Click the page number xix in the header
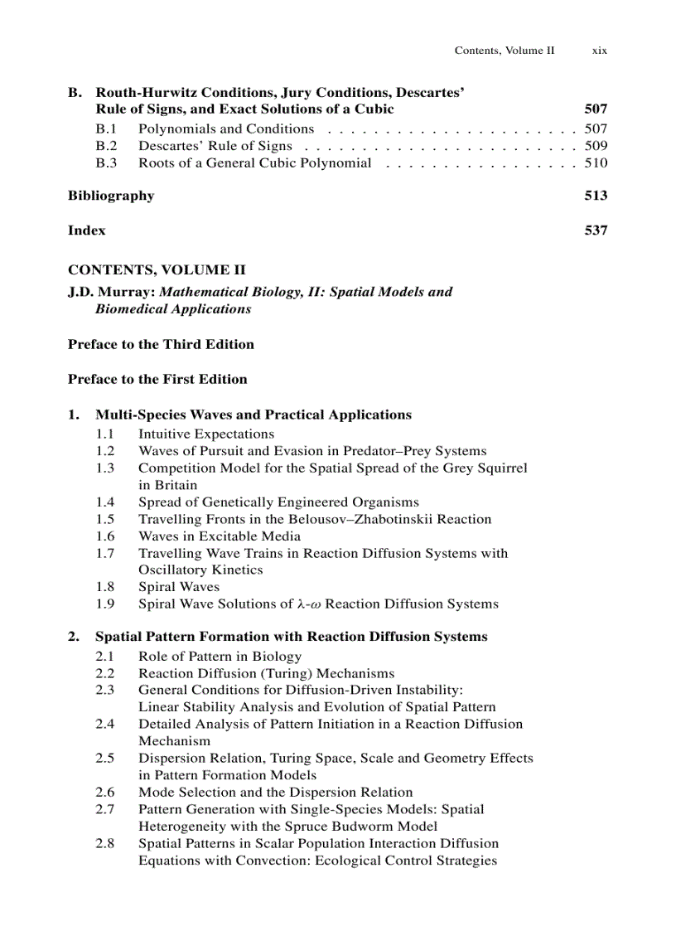(x=599, y=51)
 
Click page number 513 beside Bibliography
(x=596, y=196)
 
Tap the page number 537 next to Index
(x=596, y=230)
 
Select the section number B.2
(x=105, y=146)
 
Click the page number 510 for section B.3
(x=596, y=162)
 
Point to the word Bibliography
(x=110, y=196)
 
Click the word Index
(x=86, y=230)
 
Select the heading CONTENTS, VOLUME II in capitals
(x=156, y=270)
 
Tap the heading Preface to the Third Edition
(x=161, y=344)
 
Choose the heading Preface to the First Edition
(x=157, y=379)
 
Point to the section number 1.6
(x=104, y=536)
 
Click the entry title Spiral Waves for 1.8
(x=179, y=587)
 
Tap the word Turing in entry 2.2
(x=264, y=673)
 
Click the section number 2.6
(x=104, y=792)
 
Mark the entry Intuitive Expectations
(x=205, y=434)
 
